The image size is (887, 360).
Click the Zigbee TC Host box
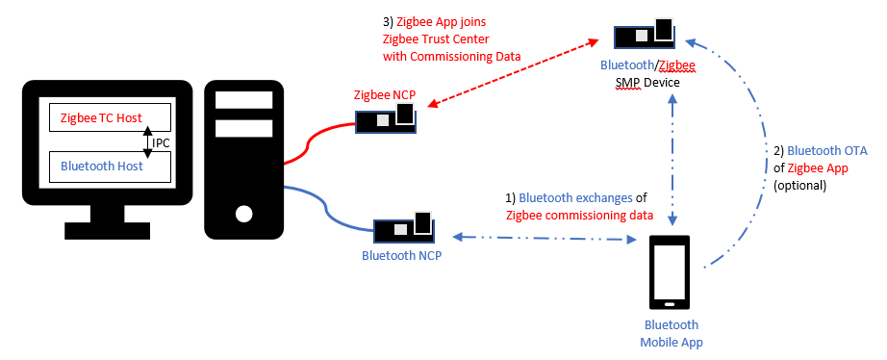(109, 117)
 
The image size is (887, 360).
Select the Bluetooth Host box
(109, 167)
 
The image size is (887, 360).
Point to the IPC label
(162, 142)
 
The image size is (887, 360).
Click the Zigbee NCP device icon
(386, 118)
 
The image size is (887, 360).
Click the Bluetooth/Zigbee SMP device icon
(646, 36)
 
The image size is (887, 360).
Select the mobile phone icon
(670, 272)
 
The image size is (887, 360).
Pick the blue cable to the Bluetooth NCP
(317, 207)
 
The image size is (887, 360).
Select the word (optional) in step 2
(799, 185)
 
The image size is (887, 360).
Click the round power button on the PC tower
(244, 213)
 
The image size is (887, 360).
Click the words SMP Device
(648, 83)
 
